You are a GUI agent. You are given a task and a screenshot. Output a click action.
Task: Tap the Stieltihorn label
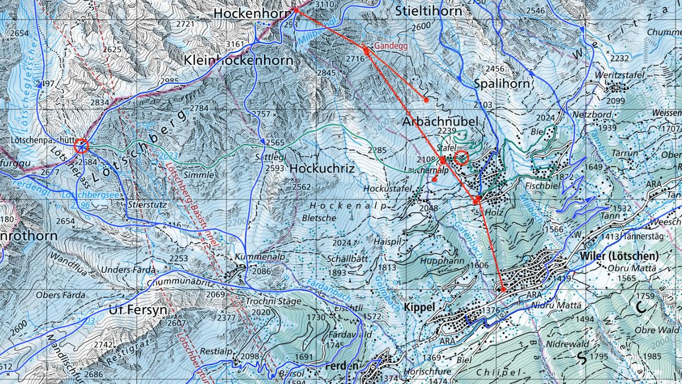(428, 11)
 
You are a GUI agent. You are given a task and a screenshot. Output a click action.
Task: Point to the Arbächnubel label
(440, 121)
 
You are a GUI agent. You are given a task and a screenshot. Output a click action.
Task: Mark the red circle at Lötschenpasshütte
(81, 146)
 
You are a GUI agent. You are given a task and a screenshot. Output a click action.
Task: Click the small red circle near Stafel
(462, 157)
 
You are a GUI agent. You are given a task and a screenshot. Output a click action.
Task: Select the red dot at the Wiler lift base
(503, 289)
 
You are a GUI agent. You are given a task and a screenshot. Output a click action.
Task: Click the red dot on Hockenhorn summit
(296, 10)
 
